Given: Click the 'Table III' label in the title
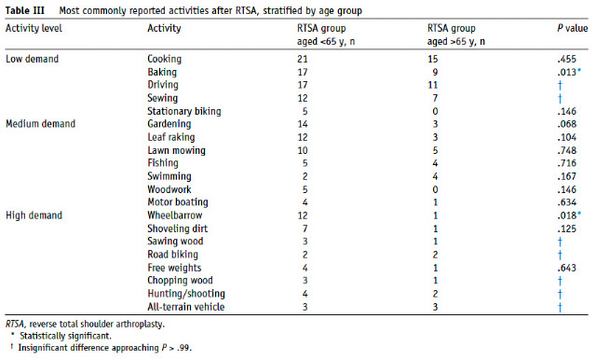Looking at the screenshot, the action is click(x=25, y=10).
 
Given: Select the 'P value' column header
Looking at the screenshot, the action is click(x=573, y=28).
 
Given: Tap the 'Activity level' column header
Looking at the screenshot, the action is click(x=34, y=28).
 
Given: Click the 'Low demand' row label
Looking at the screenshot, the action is click(x=33, y=59).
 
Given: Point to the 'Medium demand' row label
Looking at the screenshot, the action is click(x=41, y=124).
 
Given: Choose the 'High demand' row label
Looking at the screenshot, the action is click(x=34, y=215).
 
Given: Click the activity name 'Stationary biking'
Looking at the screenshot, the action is click(x=184, y=111).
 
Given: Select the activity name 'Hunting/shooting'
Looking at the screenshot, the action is click(x=186, y=294).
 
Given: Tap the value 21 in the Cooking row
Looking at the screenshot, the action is click(x=303, y=59).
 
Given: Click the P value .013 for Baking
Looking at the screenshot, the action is click(x=567, y=73).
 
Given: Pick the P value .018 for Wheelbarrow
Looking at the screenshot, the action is click(x=567, y=215).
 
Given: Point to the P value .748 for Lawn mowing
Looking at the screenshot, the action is click(x=567, y=150).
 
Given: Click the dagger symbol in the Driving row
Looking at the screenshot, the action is click(x=560, y=85).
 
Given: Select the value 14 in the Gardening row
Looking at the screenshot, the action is click(x=303, y=124).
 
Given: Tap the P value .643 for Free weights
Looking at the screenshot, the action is click(x=567, y=268).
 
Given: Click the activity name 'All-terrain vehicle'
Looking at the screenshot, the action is click(x=186, y=307).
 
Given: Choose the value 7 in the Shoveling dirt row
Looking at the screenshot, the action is click(x=305, y=228).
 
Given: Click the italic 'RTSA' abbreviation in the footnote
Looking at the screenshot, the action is click(x=15, y=325).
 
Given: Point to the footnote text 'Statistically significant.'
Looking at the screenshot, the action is click(x=66, y=336).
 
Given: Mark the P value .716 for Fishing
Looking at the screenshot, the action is click(x=567, y=163).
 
